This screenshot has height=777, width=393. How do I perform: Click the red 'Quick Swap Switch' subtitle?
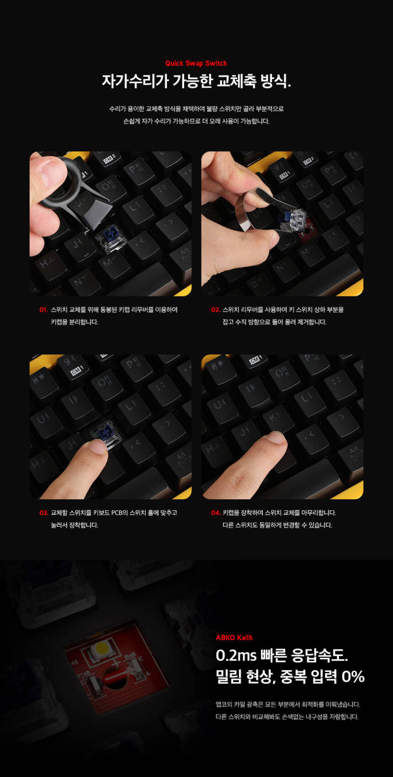tap(196, 63)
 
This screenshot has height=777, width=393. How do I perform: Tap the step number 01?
tap(43, 309)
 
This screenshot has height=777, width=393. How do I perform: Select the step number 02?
tap(215, 309)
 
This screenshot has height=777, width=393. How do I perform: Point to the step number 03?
tap(44, 513)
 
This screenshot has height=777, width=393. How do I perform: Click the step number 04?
tap(216, 513)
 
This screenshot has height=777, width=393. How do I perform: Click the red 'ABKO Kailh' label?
tap(234, 638)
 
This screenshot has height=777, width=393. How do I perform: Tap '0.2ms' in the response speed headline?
tap(236, 655)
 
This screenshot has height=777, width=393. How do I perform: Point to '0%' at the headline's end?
tap(353, 677)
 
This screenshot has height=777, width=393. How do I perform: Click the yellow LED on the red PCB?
tap(101, 648)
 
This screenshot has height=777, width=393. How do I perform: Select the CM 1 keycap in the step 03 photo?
tap(77, 370)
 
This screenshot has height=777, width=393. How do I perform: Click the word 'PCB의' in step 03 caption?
tap(119, 513)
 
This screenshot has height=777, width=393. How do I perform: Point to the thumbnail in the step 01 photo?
tap(53, 170)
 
